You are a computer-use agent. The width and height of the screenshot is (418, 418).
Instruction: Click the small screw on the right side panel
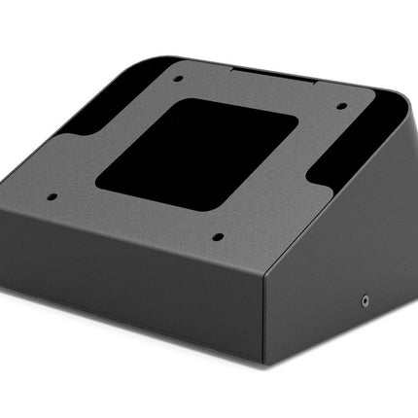[366, 301]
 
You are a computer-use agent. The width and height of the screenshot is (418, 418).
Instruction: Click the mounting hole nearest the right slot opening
[341, 107]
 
